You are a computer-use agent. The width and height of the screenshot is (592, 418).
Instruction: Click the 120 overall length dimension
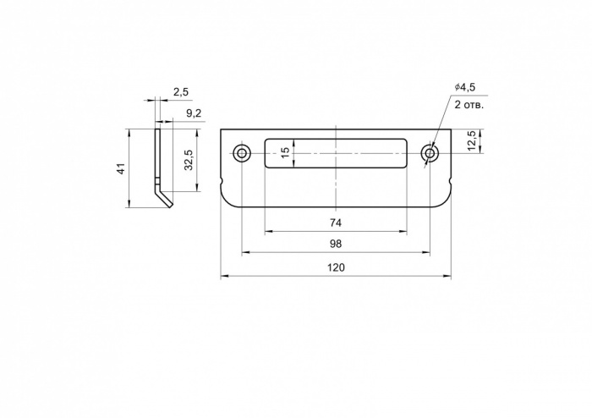[x=336, y=267]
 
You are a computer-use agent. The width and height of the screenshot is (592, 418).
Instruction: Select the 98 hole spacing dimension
[x=336, y=244]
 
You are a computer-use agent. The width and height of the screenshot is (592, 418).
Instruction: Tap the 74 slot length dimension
[x=336, y=223]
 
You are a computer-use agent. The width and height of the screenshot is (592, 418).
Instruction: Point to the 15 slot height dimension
[x=286, y=152]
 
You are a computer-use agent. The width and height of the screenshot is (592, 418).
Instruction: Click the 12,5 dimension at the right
[x=472, y=141]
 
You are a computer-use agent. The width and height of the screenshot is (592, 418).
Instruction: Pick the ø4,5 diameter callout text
[x=465, y=87]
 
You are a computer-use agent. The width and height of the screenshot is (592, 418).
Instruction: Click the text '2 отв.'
[x=469, y=105]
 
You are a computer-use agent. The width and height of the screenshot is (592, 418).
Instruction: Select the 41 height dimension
[x=121, y=168]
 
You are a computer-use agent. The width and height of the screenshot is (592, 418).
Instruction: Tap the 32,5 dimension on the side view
[x=189, y=160]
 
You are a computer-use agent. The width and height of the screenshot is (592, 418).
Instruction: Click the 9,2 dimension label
[x=194, y=113]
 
